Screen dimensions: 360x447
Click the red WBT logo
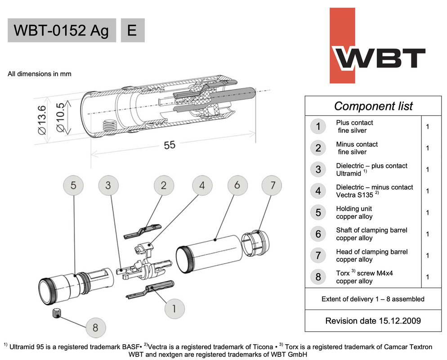pyautogui.click(x=377, y=46)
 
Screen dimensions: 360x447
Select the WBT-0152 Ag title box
pyautogui.click(x=62, y=30)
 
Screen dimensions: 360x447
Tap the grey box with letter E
pyautogui.click(x=132, y=30)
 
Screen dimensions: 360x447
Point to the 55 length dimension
pyautogui.click(x=170, y=146)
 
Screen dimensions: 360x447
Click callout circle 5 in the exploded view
pyautogui.click(x=76, y=185)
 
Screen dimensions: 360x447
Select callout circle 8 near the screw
pyautogui.click(x=95, y=327)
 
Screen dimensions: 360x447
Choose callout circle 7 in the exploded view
pyautogui.click(x=273, y=185)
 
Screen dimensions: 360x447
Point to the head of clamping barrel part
pyautogui.click(x=255, y=247)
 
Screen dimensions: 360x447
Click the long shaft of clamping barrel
pyautogui.click(x=210, y=258)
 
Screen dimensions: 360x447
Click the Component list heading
pyautogui.click(x=373, y=106)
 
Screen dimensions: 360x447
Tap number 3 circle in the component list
pyautogui.click(x=318, y=169)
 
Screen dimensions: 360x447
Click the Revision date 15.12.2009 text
pyautogui.click(x=373, y=321)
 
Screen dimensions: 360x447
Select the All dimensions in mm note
pyautogui.click(x=40, y=74)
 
